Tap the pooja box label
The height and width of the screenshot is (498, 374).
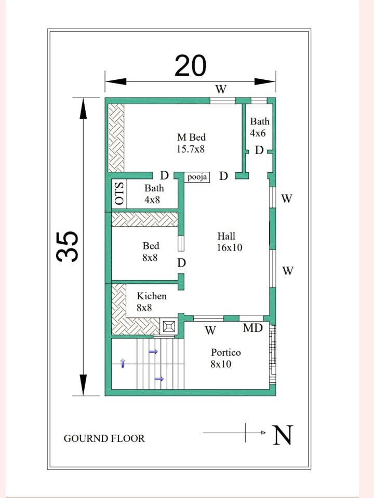pyautogui.click(x=197, y=177)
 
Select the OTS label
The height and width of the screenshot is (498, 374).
pyautogui.click(x=119, y=193)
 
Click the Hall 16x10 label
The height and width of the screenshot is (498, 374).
pyautogui.click(x=229, y=242)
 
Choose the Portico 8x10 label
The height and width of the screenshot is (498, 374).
pyautogui.click(x=225, y=358)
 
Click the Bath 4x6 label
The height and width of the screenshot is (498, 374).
pyautogui.click(x=259, y=127)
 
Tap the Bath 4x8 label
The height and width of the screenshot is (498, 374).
pyautogui.click(x=154, y=193)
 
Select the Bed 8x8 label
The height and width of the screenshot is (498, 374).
pyautogui.click(x=151, y=252)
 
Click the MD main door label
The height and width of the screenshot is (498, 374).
pyautogui.click(x=253, y=328)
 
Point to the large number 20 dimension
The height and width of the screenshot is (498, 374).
pyautogui.click(x=191, y=66)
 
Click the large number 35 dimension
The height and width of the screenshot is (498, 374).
pyautogui.click(x=68, y=246)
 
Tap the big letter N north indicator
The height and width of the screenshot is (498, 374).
pyautogui.click(x=283, y=435)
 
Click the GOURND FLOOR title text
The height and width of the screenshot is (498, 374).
pyautogui.click(x=104, y=438)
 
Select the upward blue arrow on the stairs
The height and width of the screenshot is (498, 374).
pyautogui.click(x=123, y=363)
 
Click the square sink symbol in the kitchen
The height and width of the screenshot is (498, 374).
pyautogui.click(x=169, y=326)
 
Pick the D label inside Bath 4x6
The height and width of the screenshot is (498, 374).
pyautogui.click(x=259, y=150)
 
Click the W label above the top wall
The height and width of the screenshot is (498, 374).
pyautogui.click(x=221, y=89)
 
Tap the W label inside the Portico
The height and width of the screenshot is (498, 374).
pyautogui.click(x=210, y=330)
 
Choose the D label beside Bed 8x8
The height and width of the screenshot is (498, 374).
pyautogui.click(x=181, y=263)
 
